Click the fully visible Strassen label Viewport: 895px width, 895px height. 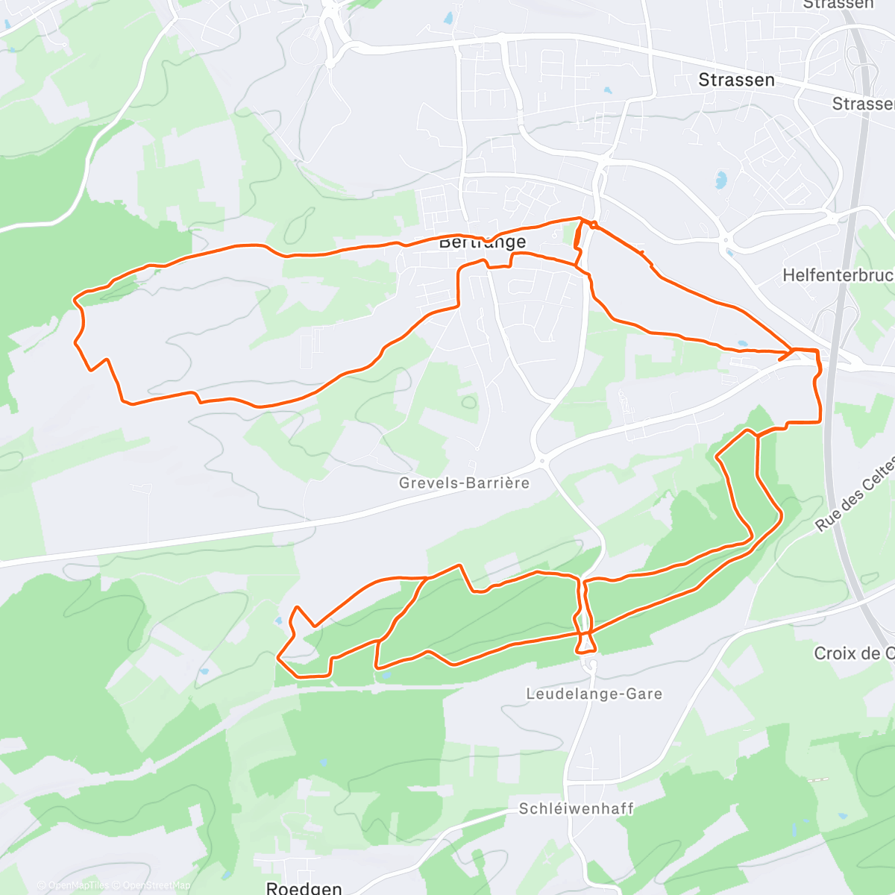[x=736, y=80]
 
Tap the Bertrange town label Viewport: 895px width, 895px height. [x=482, y=242]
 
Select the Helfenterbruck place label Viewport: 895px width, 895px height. [x=838, y=275]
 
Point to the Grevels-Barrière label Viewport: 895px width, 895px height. [x=464, y=483]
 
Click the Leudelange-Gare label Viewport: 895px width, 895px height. [x=594, y=694]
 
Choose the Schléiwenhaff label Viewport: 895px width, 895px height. [x=576, y=808]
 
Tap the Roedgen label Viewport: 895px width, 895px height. [x=304, y=888]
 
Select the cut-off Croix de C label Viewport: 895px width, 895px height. [x=854, y=653]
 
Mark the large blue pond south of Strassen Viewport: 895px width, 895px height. [x=720, y=179]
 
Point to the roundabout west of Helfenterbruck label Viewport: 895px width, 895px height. [x=725, y=240]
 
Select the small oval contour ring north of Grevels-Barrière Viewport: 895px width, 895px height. [x=468, y=403]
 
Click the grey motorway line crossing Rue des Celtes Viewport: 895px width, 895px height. [x=834, y=477]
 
